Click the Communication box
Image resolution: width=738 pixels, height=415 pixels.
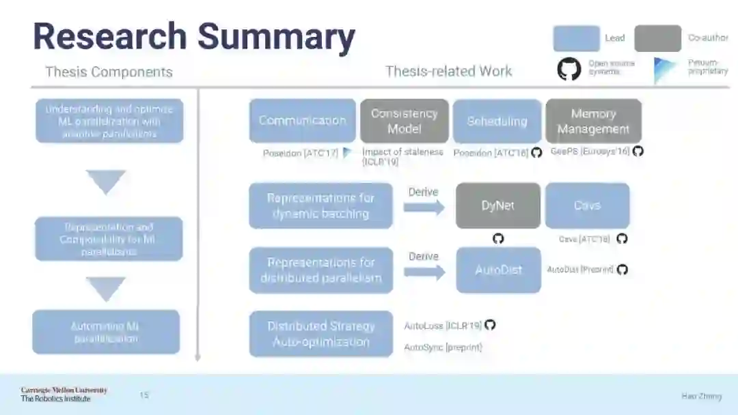click(x=302, y=121)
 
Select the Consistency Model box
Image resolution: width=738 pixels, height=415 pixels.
click(x=404, y=121)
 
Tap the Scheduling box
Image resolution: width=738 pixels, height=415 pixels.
click(x=497, y=121)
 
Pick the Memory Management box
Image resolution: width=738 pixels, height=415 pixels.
click(x=592, y=121)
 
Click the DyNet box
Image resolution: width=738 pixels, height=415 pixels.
click(x=497, y=205)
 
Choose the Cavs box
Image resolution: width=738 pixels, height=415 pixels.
click(x=587, y=205)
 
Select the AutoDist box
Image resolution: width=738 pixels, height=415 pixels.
click(x=498, y=270)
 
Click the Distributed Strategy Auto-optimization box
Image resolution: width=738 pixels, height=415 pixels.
click(x=320, y=334)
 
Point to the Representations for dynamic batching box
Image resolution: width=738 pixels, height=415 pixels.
click(x=320, y=205)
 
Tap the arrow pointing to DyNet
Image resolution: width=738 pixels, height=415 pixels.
click(x=424, y=207)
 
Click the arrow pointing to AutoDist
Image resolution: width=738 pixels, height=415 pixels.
click(x=424, y=271)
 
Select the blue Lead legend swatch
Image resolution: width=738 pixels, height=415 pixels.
click(x=576, y=38)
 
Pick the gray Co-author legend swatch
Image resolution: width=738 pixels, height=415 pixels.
click(x=657, y=38)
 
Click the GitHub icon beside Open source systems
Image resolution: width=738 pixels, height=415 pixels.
click(x=569, y=68)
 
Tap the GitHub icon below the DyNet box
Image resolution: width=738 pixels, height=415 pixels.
click(x=498, y=238)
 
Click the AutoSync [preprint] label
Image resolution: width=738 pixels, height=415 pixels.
click(x=443, y=347)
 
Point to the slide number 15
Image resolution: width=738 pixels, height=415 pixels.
click(x=144, y=395)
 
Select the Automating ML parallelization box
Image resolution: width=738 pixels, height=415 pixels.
click(x=106, y=332)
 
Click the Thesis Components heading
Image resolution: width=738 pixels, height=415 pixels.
click(x=109, y=72)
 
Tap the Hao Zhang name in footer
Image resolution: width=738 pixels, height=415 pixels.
click(x=701, y=396)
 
